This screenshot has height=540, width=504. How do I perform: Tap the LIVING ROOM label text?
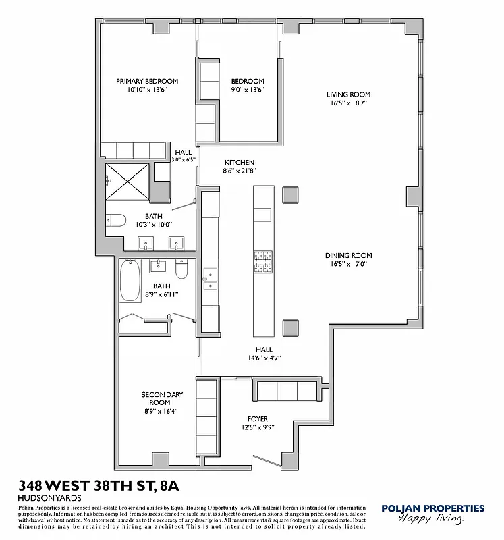pos(348,94)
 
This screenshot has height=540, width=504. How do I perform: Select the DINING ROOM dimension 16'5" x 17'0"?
pos(348,265)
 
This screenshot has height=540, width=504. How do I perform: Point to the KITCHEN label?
pos(240,162)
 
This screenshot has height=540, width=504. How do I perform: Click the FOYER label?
pos(258,418)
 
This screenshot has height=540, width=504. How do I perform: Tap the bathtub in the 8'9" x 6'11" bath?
pos(130,283)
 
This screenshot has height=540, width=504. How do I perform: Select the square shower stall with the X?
pos(128,181)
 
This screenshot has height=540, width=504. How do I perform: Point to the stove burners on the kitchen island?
pos(262,262)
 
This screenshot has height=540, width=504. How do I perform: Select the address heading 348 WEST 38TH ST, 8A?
pos(99,485)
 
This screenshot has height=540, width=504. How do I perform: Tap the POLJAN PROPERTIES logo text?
pos(432,508)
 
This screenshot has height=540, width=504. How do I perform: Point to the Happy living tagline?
pos(430,519)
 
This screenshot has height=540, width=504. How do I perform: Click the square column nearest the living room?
pos(290,194)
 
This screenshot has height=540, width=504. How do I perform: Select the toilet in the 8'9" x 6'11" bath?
pos(181,270)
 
